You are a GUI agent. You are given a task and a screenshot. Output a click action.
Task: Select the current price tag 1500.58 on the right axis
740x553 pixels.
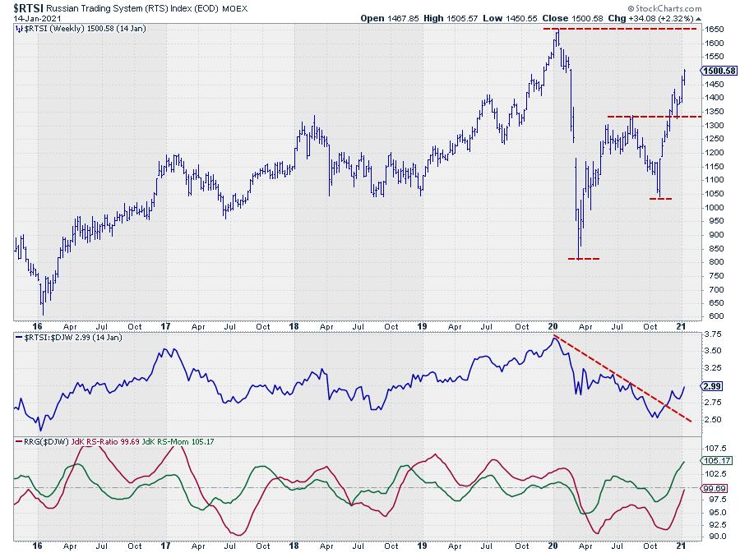coord(716,71)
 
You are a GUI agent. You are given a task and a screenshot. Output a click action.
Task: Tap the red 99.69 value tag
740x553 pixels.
coord(714,488)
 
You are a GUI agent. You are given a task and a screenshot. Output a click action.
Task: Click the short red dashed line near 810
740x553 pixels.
coord(584,259)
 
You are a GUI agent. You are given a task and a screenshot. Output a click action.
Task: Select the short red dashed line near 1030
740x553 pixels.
coord(660,199)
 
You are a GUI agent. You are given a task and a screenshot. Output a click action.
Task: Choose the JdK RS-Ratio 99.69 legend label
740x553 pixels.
coord(99,440)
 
